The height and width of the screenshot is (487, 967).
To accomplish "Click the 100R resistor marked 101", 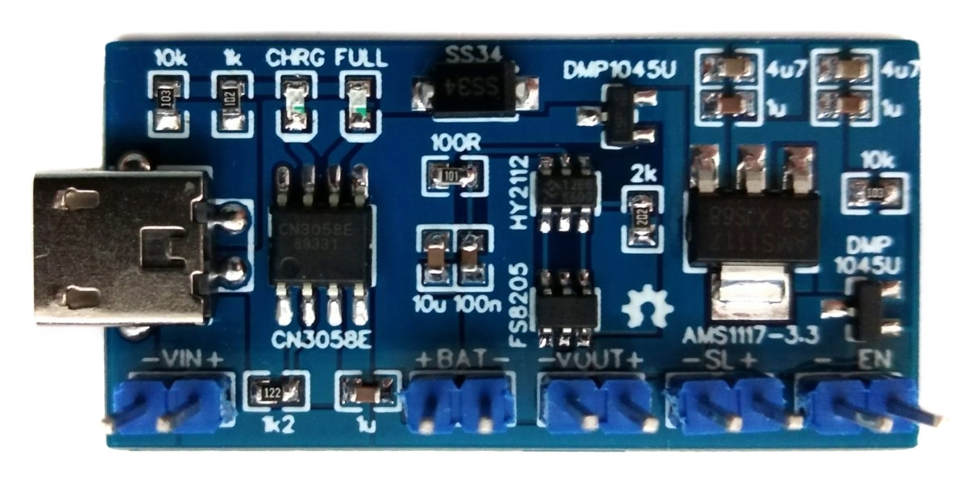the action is pos(453,174).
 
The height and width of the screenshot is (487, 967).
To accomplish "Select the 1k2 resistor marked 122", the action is pos(273,393).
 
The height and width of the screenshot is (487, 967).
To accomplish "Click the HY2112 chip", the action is pos(567,192).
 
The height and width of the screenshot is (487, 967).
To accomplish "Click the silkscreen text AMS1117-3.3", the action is pos(737,335).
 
